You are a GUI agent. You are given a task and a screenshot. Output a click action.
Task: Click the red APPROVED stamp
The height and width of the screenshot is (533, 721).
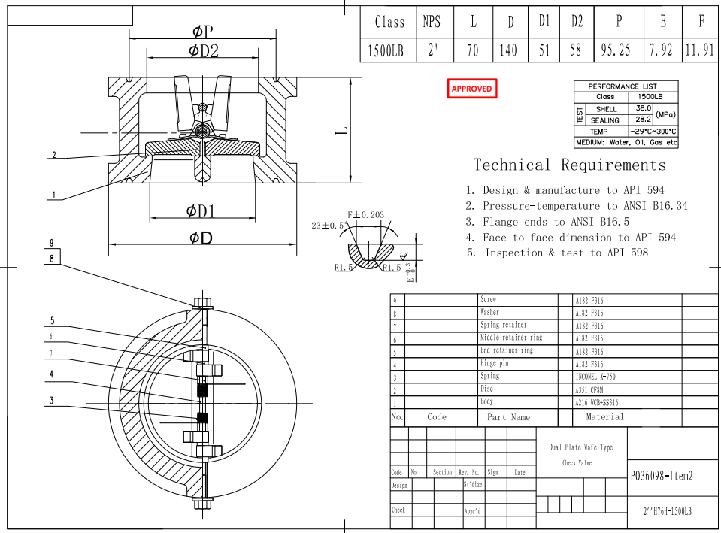(x=471, y=89)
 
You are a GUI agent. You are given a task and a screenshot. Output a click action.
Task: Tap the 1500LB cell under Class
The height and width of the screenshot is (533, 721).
(x=389, y=50)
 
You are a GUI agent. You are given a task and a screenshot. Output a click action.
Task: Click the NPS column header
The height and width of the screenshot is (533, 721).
(x=432, y=22)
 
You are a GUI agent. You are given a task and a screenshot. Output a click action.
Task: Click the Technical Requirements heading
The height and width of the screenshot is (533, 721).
(x=569, y=165)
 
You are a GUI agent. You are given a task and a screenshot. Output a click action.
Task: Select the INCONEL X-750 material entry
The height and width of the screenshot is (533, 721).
(x=595, y=376)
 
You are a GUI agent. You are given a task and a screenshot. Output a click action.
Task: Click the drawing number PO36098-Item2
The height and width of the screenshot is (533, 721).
(x=660, y=475)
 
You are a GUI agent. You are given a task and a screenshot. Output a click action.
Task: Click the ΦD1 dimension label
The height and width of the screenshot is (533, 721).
(x=201, y=211)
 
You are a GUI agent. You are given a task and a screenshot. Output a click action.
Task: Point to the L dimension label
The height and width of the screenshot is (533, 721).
(x=342, y=130)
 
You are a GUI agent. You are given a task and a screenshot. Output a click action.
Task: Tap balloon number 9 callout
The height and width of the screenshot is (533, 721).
(x=52, y=243)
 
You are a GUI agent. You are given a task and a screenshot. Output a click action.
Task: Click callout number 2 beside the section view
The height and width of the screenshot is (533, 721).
(x=53, y=156)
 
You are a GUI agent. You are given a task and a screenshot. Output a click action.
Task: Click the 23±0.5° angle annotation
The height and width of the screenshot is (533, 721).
(x=329, y=225)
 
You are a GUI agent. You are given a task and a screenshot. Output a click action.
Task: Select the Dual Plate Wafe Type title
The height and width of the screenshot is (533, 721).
(x=580, y=447)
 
